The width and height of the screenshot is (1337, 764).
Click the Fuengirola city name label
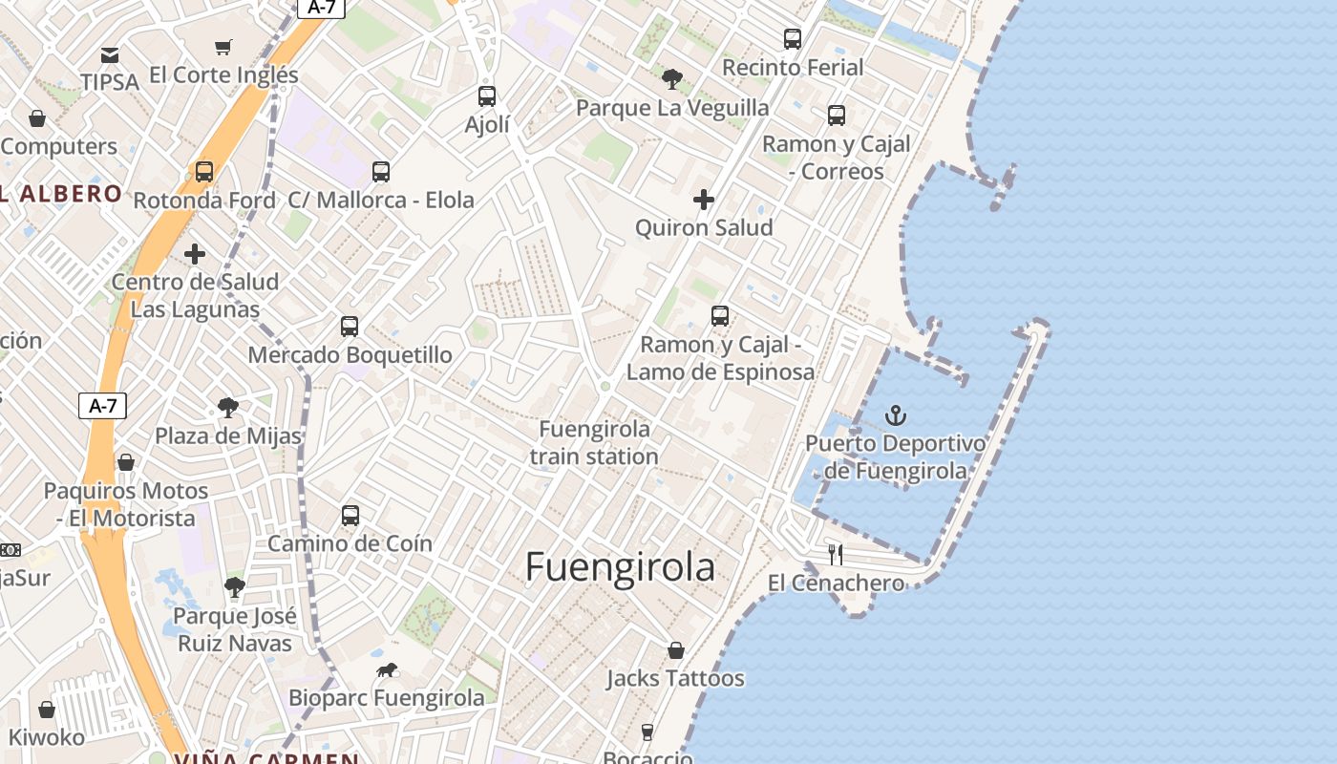[620, 567]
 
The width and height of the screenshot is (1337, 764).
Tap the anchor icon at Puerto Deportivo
[895, 415]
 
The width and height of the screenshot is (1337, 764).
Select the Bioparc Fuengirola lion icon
[386, 669]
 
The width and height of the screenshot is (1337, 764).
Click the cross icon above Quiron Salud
[704, 200]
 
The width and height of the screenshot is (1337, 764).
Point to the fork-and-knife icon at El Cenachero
[836, 554]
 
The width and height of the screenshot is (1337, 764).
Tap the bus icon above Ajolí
[487, 95]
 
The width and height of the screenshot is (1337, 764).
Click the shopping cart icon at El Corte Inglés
[223, 47]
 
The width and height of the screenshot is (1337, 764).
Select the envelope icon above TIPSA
[110, 54]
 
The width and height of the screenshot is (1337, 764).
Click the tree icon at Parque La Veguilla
[672, 78]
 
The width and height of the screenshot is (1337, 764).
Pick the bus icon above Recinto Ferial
[793, 38]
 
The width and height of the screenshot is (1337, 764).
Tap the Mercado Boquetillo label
[350, 355]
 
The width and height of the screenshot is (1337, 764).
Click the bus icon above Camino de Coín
[350, 516]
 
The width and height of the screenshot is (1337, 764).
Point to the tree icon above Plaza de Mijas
[228, 408]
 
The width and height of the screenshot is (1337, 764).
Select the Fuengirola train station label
[594, 442]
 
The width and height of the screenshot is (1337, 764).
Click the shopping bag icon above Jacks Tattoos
[676, 650]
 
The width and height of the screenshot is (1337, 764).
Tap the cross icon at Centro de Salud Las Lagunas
[195, 254]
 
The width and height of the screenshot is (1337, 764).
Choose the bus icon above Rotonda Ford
[204, 172]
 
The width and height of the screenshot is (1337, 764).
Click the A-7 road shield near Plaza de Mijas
[102, 406]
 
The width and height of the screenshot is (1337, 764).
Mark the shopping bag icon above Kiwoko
[47, 710]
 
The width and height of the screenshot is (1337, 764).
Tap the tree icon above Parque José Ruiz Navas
[235, 586]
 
